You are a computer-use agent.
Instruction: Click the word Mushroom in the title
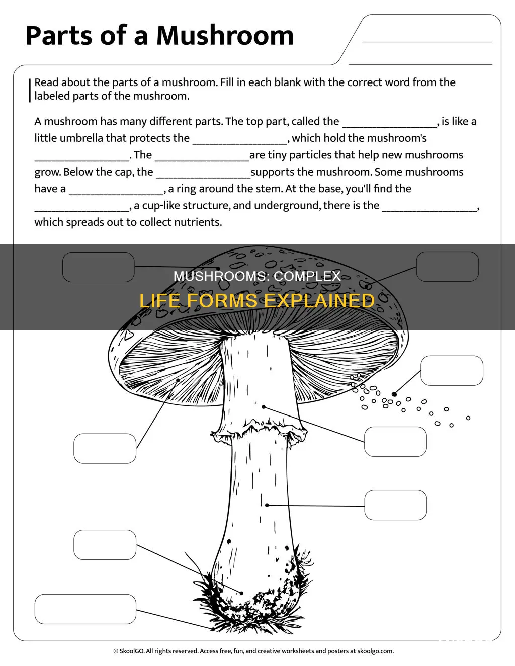click(x=225, y=36)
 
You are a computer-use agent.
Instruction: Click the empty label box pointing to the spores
click(x=452, y=371)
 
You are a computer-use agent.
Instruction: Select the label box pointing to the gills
click(x=105, y=448)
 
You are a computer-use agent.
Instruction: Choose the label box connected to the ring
click(x=395, y=442)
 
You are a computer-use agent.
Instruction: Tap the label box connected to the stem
click(x=395, y=506)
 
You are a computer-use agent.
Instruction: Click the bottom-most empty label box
click(x=85, y=609)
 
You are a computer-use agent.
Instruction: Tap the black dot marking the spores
click(x=394, y=394)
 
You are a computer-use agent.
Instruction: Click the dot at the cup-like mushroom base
click(x=241, y=593)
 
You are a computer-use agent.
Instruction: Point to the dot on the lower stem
click(x=267, y=505)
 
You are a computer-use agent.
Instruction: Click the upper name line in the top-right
click(x=427, y=41)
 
